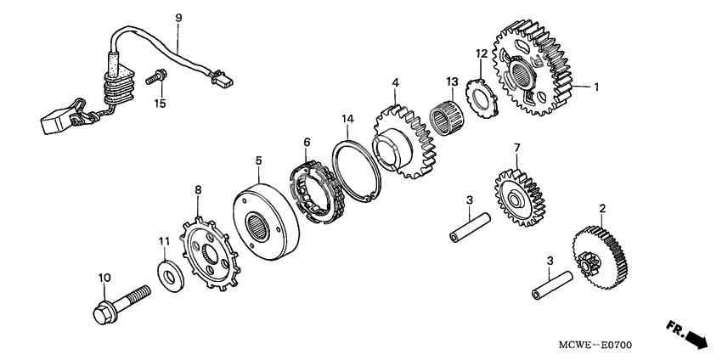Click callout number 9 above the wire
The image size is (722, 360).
[178, 17]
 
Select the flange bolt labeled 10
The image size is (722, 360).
[118, 301]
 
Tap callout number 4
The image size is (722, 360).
[395, 82]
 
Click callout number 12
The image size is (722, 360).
[481, 53]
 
